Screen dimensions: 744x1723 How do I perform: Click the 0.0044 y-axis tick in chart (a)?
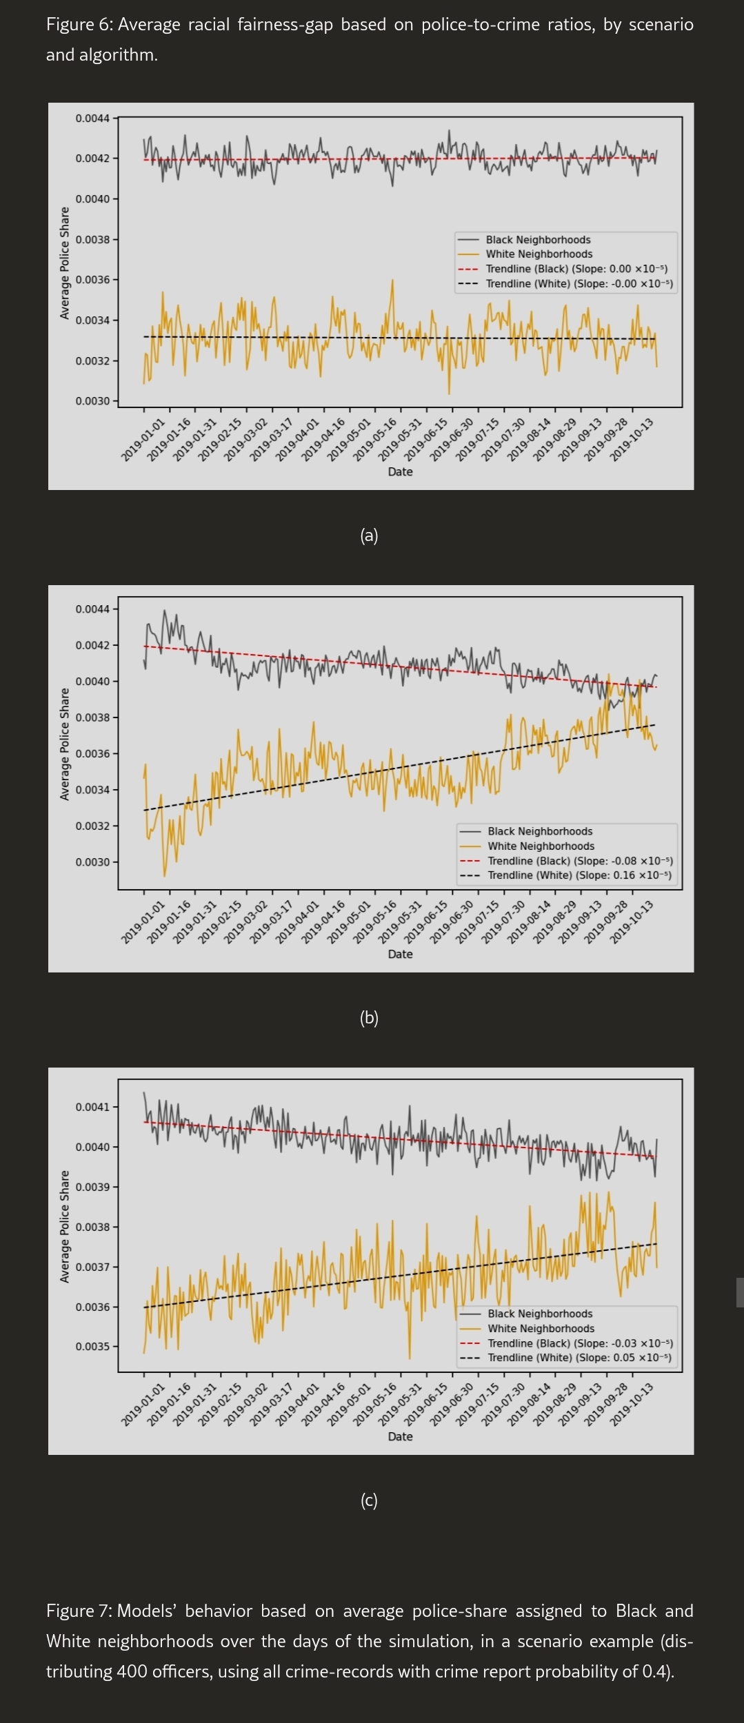coord(92,119)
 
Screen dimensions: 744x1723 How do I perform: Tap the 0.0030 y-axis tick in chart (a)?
coord(92,401)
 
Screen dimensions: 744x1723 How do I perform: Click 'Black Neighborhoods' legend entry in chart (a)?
coord(538,240)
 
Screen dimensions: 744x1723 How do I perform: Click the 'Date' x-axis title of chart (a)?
coord(400,471)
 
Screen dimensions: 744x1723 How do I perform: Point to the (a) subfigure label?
coord(369,536)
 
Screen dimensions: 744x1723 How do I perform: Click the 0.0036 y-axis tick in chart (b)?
coord(92,753)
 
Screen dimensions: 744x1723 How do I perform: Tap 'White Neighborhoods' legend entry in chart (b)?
coord(541,846)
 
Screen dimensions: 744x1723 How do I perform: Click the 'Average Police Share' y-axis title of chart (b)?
coord(65,744)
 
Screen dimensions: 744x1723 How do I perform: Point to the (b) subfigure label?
coord(369,1018)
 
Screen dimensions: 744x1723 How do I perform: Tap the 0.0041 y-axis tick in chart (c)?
coord(92,1107)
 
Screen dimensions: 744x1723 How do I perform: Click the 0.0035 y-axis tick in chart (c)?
coord(92,1346)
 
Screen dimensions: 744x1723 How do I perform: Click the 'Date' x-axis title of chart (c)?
coord(400,1436)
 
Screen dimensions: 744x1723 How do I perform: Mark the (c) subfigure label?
coord(369,1500)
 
